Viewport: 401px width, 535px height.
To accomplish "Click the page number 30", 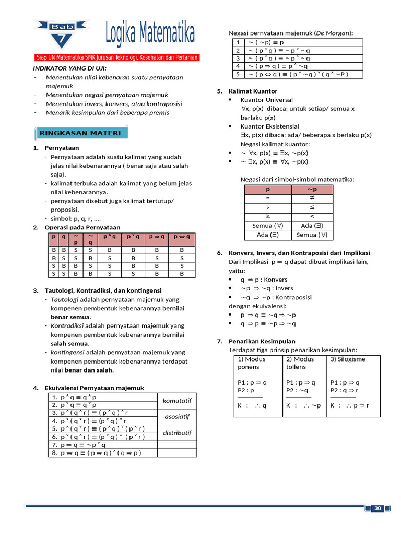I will (x=379, y=509).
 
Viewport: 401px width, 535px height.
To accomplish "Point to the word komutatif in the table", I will (x=177, y=401).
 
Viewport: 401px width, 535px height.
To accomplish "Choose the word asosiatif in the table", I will (x=177, y=417).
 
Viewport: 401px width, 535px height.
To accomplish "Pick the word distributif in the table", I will (x=177, y=433).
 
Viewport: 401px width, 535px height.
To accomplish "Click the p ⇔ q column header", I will (x=182, y=237).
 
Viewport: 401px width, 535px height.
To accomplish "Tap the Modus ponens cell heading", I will (x=252, y=363).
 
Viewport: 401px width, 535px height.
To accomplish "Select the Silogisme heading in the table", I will (x=348, y=359).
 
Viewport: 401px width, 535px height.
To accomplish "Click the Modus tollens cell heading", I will (x=300, y=363).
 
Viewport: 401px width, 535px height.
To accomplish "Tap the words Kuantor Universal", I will (x=266, y=100).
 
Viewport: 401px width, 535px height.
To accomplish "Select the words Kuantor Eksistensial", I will (x=269, y=126).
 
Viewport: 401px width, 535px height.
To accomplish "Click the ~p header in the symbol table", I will (x=312, y=190).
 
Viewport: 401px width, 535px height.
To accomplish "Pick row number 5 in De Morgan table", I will (x=238, y=74).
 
